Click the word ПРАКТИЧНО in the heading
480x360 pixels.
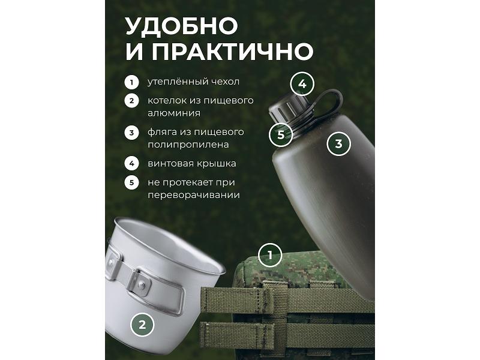coord(232,51)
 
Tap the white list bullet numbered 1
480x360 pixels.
coord(131,82)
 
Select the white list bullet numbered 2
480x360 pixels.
coord(131,101)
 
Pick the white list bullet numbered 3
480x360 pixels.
coord(131,133)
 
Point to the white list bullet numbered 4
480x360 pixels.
coord(131,163)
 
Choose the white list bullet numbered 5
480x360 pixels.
coord(131,182)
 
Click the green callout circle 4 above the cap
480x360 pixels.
coord(302,84)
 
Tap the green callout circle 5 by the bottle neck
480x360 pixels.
coord(281,134)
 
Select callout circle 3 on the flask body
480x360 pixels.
coord(338,143)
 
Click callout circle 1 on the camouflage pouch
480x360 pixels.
coord(270,255)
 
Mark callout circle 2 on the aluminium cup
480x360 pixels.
coord(142,325)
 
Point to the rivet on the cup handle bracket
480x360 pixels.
coord(141,286)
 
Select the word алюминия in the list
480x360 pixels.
coord(174,113)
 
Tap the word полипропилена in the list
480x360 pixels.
coord(188,145)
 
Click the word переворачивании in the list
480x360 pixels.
coord(194,196)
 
